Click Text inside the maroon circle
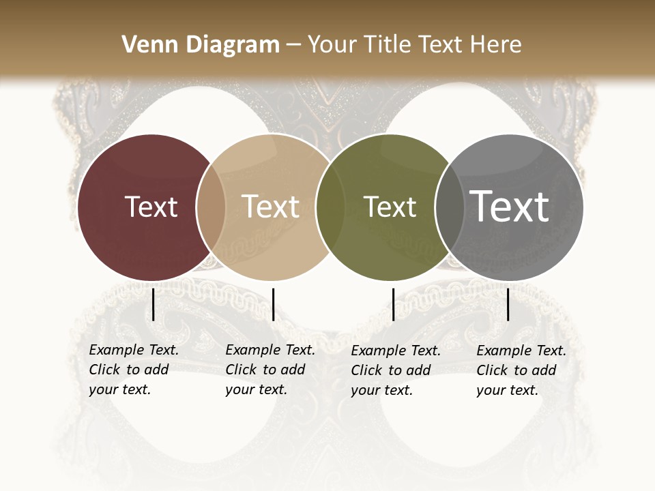151,207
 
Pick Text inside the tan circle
270,207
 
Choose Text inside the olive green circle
390,207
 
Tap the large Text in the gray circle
509,206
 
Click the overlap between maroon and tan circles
211,207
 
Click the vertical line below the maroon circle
154,304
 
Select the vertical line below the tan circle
273,304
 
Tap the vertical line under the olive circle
393,304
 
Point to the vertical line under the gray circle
508,304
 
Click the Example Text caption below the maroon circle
134,370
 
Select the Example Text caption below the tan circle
270,370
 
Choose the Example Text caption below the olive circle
396,370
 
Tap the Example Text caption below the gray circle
521,370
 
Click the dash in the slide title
293,45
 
